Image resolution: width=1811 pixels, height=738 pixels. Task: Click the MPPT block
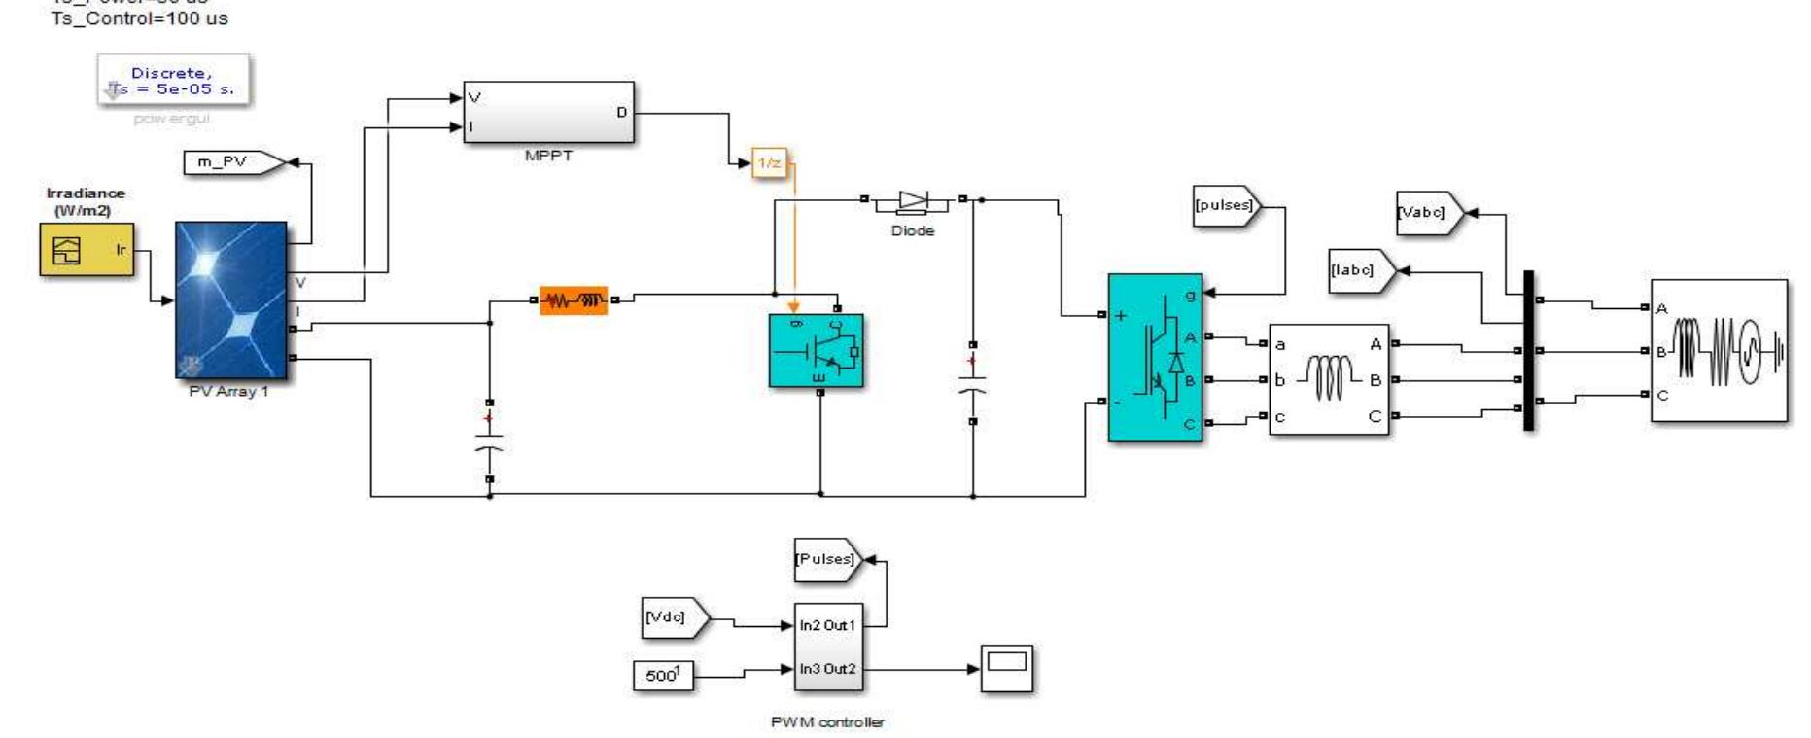548,113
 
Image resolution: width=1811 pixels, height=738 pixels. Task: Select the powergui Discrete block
173,81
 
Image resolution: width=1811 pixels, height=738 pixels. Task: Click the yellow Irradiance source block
87,250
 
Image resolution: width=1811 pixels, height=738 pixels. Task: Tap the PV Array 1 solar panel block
230,299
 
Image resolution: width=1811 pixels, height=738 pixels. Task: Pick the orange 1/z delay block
768,163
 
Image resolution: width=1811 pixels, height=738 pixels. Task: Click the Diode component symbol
913,201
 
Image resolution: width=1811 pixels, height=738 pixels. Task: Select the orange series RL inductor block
574,300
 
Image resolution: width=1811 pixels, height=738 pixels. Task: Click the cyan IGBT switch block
816,350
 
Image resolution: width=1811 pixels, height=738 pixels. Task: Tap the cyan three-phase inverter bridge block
1155,357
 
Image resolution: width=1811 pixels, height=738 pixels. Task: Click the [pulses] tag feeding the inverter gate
1225,206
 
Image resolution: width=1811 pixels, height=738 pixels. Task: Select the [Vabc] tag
1424,212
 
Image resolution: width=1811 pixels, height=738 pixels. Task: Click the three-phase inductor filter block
1329,379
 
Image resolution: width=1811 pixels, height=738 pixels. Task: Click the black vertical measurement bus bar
1528,350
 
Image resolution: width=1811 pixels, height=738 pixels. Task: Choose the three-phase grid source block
1719,351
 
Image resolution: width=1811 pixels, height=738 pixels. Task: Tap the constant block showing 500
663,675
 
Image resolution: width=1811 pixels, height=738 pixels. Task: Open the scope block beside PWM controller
1006,668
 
